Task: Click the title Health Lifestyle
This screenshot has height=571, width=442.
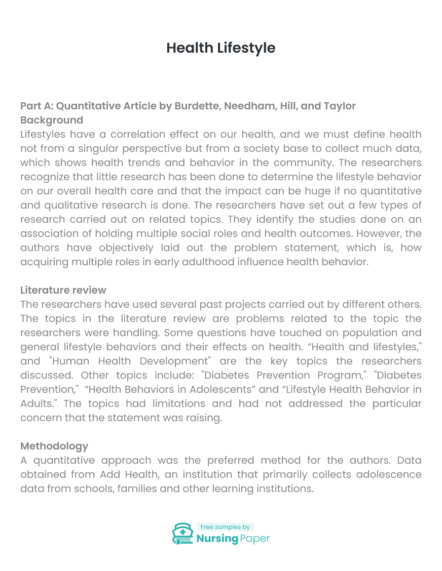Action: [221, 48]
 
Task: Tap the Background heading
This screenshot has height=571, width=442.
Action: [52, 120]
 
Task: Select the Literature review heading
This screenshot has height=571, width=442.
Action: [63, 290]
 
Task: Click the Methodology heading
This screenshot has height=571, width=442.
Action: [54, 446]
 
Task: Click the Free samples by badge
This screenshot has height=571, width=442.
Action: [225, 527]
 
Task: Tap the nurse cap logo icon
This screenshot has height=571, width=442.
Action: [182, 534]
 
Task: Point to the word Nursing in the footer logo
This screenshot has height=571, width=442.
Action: [217, 539]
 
